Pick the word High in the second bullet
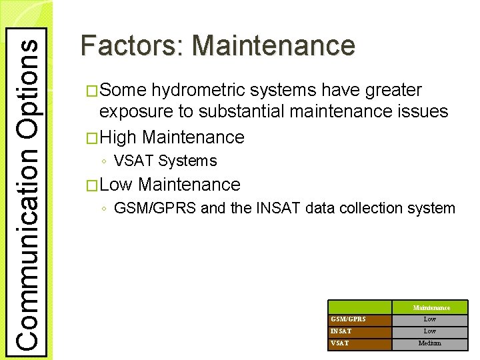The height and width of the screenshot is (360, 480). coord(118,137)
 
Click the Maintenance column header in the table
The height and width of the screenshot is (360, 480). coord(431,307)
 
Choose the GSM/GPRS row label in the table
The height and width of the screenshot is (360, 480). coord(348,319)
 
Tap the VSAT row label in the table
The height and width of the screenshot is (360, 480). coord(339,343)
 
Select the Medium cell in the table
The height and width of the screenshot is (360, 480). coord(430,343)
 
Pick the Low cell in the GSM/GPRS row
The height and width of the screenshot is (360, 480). coord(430,319)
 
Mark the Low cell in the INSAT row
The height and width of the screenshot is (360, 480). coord(430,331)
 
